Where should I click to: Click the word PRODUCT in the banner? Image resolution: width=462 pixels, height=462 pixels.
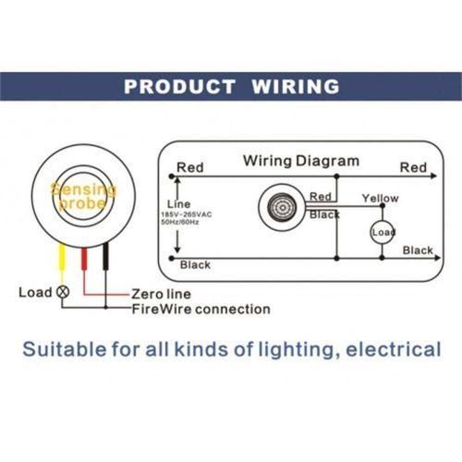(179, 86)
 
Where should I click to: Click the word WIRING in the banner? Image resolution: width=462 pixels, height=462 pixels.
(296, 86)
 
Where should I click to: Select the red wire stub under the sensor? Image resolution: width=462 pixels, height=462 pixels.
(84, 259)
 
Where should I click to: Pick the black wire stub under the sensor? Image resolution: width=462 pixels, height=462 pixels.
(105, 256)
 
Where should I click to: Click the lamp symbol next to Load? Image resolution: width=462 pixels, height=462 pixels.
(63, 292)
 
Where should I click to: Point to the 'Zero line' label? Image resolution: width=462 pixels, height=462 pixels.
(161, 294)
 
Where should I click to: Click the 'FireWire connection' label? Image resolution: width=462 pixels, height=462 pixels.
(201, 309)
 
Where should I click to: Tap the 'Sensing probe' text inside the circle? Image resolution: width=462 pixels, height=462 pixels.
(83, 196)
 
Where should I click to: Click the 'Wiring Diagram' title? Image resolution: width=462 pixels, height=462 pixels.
(301, 161)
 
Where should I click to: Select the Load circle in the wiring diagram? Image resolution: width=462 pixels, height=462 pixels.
(383, 232)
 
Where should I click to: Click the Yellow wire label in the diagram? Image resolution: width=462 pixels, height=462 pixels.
(381, 198)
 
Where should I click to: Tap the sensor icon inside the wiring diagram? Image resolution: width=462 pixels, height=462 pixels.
(282, 208)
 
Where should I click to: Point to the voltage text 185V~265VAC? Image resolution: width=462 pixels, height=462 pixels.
(187, 214)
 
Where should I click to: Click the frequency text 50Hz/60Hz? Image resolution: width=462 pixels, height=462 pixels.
(180, 222)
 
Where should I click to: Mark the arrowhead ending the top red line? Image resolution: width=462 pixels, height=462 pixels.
(433, 176)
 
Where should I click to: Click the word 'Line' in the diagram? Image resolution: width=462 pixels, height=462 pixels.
(178, 204)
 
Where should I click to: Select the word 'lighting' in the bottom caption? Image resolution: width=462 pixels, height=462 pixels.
(299, 350)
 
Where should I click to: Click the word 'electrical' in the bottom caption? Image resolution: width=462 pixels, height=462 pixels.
(394, 349)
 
